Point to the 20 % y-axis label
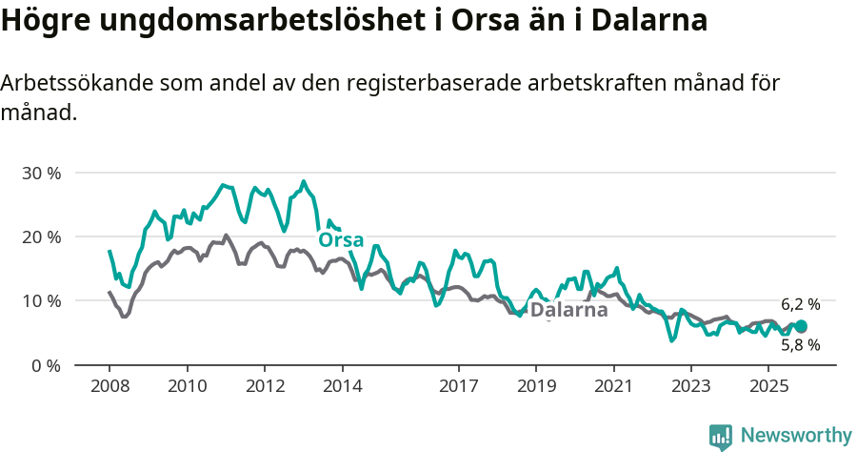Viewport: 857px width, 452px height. click(x=41, y=236)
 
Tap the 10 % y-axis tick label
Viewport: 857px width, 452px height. click(x=41, y=300)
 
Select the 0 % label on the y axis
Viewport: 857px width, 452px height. click(x=45, y=365)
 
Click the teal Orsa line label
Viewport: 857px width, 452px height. click(x=341, y=238)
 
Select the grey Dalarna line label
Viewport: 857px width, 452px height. click(x=568, y=310)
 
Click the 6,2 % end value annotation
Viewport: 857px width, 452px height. click(x=800, y=305)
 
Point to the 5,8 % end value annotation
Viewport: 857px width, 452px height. click(x=800, y=345)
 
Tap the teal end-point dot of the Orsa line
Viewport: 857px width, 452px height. click(x=801, y=326)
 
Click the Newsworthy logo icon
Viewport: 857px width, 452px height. click(x=721, y=436)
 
